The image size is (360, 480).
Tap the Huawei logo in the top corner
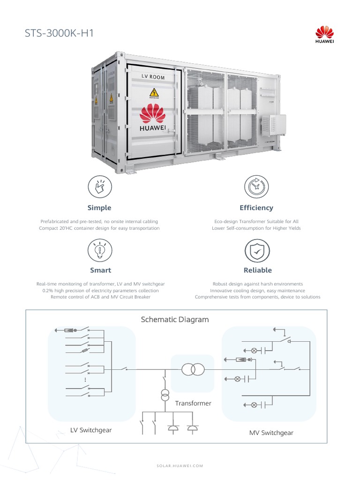pos(324,34)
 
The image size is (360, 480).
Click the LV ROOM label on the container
pos(153,76)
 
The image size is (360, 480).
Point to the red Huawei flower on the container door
pos(153,114)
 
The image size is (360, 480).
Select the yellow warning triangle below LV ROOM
pos(154,93)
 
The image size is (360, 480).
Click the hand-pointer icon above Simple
pos(99,187)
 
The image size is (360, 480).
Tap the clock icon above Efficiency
pos(256,187)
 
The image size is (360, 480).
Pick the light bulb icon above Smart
pos(100,250)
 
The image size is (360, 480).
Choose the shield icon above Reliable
pos(257,250)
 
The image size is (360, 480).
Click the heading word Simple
pos(99,208)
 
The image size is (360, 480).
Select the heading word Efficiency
pos(256,208)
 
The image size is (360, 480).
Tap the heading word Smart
pos(100,270)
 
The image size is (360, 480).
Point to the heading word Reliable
pos(257,270)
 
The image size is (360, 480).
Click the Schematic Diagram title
pos(175,320)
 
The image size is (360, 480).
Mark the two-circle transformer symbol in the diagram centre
pos(193,369)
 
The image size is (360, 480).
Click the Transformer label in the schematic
pos(193,403)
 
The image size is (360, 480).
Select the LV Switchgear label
pos(91,430)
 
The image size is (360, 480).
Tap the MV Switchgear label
pos(271,433)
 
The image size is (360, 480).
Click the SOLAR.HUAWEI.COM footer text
pos(180,466)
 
